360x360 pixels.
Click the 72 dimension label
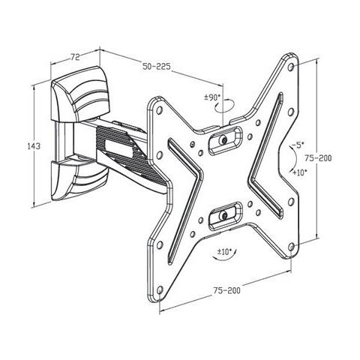(75, 57)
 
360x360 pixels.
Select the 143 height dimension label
(34, 145)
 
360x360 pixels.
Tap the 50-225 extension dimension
(157, 67)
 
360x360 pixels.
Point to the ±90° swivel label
(212, 97)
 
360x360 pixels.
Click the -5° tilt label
(297, 145)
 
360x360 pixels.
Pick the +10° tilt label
(299, 172)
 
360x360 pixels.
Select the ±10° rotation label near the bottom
(224, 251)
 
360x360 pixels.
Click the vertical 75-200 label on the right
(318, 158)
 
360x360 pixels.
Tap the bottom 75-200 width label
(226, 290)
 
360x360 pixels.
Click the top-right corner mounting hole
(291, 67)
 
